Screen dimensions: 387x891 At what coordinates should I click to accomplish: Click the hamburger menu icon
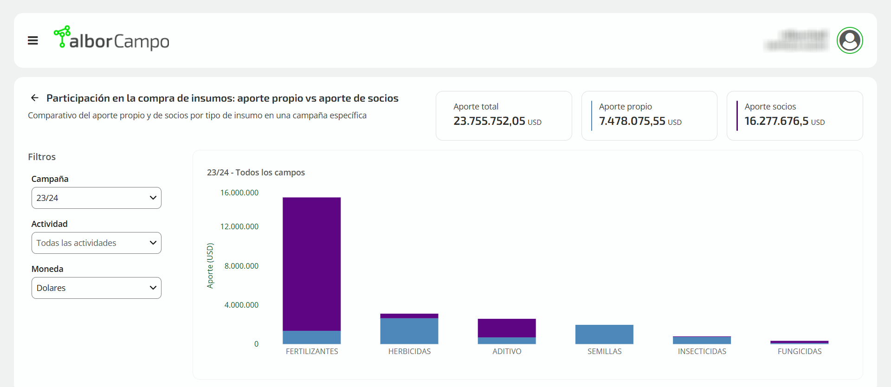coord(32,41)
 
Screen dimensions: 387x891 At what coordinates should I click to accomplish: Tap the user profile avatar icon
coord(849,40)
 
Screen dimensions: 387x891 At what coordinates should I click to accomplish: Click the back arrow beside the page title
coord(35,98)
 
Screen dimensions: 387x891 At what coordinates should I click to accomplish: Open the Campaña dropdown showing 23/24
coord(97,198)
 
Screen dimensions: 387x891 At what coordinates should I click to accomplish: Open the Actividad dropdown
coord(97,243)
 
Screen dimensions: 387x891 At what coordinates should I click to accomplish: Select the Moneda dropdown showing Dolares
coord(97,288)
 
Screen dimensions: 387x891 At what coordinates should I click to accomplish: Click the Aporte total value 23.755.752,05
coord(489,121)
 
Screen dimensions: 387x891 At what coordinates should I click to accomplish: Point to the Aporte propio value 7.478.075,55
coord(632,121)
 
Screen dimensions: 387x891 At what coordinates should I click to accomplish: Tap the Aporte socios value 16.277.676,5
coord(776,121)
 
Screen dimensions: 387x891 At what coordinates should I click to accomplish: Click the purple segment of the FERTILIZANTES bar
coord(311,264)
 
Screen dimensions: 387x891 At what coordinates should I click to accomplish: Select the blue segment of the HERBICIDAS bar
coord(409,331)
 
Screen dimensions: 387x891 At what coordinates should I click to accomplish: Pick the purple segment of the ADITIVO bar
coord(507,328)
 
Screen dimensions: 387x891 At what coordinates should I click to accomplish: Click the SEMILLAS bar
coord(604,335)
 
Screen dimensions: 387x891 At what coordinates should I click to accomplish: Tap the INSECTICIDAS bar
coord(702,340)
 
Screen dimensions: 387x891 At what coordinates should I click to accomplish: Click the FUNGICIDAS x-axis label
coord(800,351)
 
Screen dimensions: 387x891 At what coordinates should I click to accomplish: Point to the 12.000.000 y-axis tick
coord(239,226)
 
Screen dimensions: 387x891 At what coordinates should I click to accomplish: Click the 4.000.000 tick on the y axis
coord(241,305)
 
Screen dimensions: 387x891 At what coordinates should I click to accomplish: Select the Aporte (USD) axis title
coord(210,265)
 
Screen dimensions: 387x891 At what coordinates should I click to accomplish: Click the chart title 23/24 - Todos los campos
coord(256,173)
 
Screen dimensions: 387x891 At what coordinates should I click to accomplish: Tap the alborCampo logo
coord(111,39)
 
